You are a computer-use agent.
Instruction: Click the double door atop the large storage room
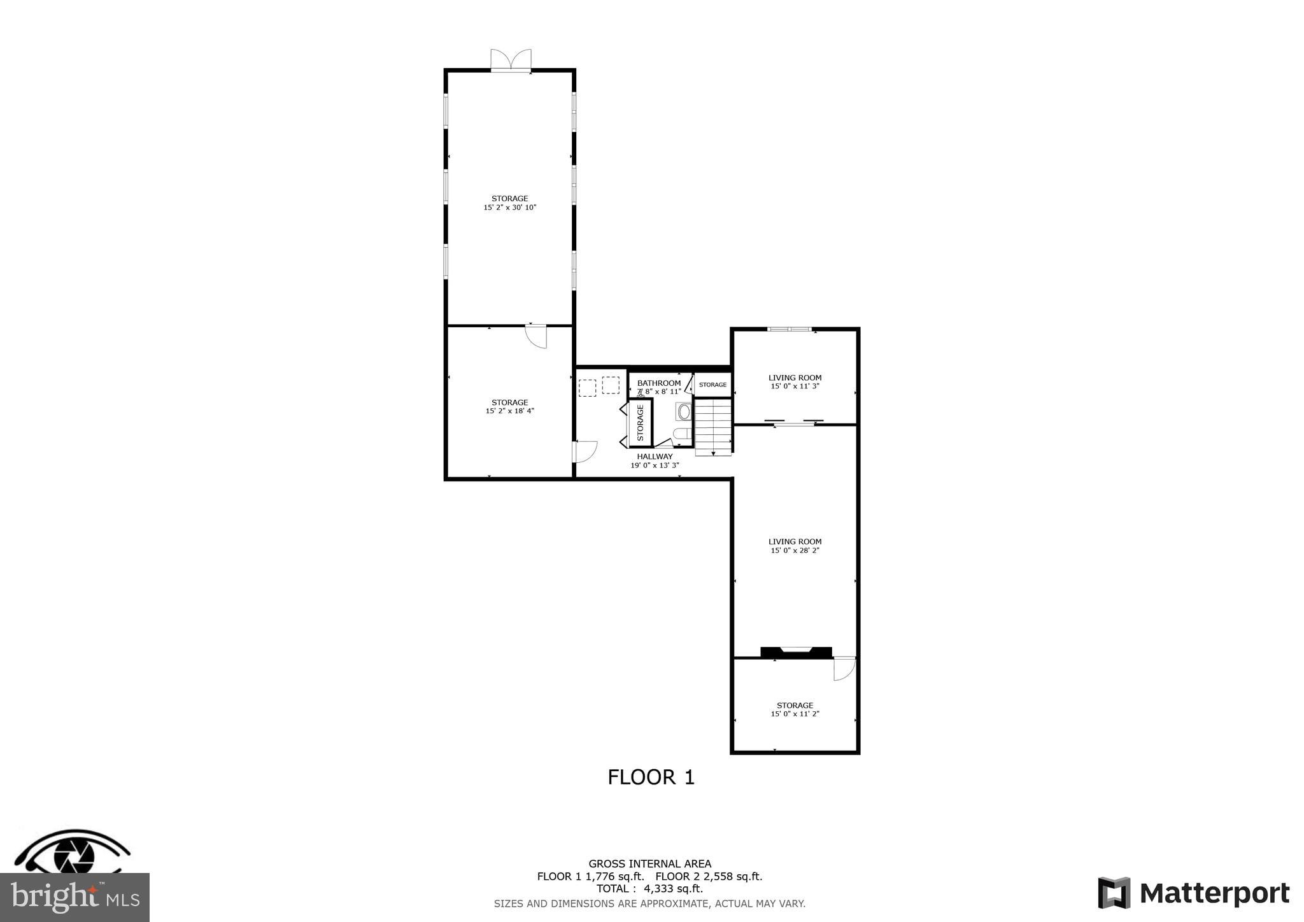point(511,60)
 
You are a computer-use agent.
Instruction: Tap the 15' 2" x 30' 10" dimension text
point(510,208)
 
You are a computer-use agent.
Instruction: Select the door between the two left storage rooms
point(536,336)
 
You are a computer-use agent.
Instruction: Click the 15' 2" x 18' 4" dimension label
point(510,411)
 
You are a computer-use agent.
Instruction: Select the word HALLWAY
point(655,457)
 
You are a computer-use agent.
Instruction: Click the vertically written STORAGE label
point(641,423)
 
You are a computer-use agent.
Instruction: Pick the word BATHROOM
point(659,383)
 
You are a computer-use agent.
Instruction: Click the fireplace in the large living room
point(796,651)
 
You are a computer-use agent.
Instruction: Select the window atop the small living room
point(790,329)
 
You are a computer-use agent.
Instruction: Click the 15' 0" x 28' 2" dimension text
point(795,551)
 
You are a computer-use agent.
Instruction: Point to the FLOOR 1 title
point(651,777)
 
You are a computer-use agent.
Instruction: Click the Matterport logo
point(1194,893)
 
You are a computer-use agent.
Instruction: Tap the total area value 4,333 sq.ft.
point(673,889)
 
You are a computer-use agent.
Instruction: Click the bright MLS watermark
point(74,898)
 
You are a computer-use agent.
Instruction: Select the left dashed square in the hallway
point(587,388)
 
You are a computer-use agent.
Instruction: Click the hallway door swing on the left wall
point(585,451)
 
